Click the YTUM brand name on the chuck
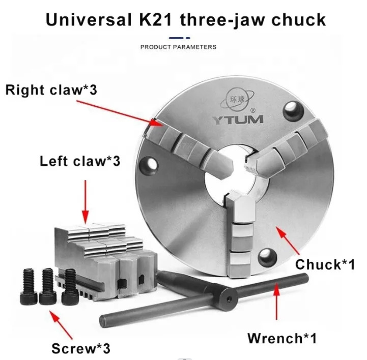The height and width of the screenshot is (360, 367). (x=238, y=119)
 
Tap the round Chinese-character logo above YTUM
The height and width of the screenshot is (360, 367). (x=237, y=100)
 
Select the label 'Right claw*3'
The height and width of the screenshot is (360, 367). (x=51, y=90)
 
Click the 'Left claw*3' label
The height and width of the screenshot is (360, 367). (x=80, y=161)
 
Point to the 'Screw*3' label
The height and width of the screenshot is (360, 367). (x=81, y=348)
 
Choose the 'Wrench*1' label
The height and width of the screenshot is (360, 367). (x=282, y=338)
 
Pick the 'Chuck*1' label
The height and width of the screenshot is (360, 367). (x=325, y=264)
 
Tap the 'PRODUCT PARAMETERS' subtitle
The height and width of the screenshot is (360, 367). (x=178, y=47)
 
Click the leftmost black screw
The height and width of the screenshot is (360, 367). (x=29, y=287)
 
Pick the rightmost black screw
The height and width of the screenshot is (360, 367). (x=70, y=287)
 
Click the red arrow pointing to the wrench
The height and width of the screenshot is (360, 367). (x=277, y=301)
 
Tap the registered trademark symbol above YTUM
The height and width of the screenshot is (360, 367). (x=253, y=110)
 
